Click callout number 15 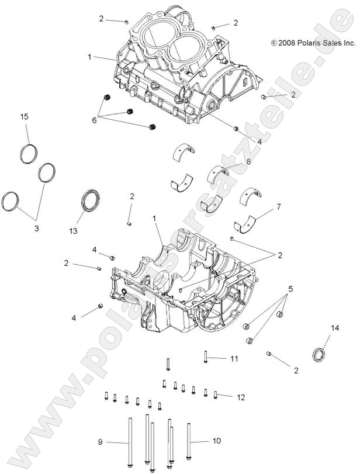(25, 117)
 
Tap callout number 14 (335, 328)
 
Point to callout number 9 (99, 442)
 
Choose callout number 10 (216, 442)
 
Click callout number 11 (234, 358)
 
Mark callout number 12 (240, 397)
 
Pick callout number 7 (279, 206)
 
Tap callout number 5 (290, 289)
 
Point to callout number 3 (36, 229)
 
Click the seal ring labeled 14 (319, 354)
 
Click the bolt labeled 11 (206, 356)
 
